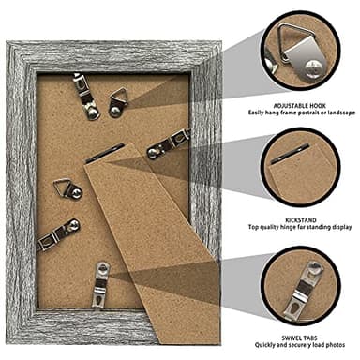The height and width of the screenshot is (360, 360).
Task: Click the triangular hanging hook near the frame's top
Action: tap(118, 98)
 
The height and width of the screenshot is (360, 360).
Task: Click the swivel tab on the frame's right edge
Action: tap(169, 144)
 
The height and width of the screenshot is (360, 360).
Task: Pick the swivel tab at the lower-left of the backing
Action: tap(57, 233)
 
